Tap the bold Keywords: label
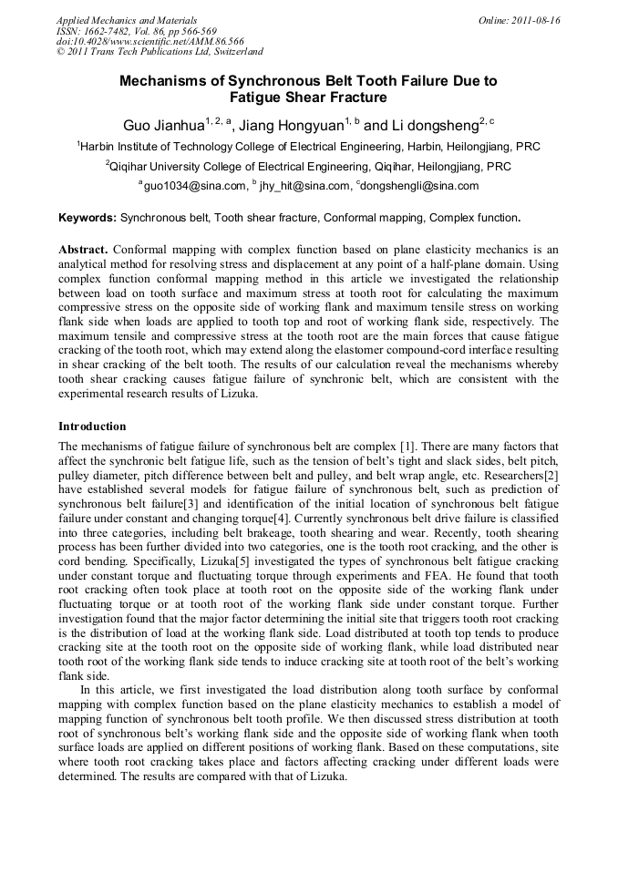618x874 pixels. [88, 219]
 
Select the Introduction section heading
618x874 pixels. [92, 427]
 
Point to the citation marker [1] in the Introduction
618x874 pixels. [409, 447]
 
